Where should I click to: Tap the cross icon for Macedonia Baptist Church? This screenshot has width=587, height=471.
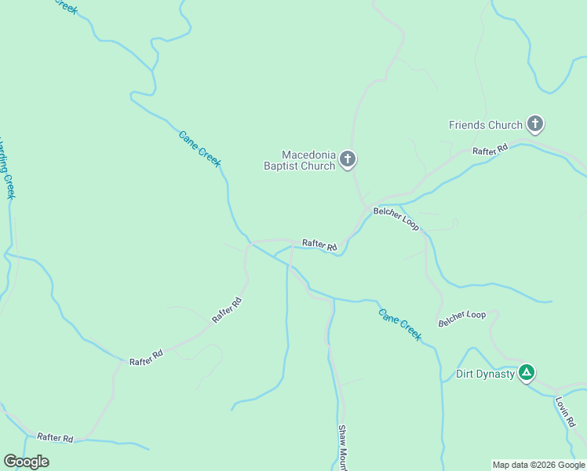point(348,160)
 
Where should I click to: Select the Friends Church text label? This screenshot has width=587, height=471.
point(485,125)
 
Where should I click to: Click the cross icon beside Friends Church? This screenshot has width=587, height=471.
point(535,123)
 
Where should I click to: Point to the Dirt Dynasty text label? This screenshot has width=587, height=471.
point(485,374)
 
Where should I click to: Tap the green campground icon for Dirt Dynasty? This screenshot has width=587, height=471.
point(527,372)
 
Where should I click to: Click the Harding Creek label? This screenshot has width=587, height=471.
point(7,169)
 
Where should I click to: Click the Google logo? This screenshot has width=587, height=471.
point(26,462)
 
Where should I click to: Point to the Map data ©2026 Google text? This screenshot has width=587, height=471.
point(538,465)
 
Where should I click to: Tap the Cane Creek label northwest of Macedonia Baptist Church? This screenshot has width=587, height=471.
point(199,148)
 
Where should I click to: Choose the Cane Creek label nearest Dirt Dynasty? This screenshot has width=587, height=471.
point(400,323)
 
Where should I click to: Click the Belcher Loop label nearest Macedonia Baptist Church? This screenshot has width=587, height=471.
point(396,219)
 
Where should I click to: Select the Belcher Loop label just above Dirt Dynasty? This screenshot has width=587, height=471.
point(462,317)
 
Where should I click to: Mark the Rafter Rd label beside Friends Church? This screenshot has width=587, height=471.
point(490,149)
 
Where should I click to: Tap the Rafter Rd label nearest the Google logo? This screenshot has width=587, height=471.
point(56,438)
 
